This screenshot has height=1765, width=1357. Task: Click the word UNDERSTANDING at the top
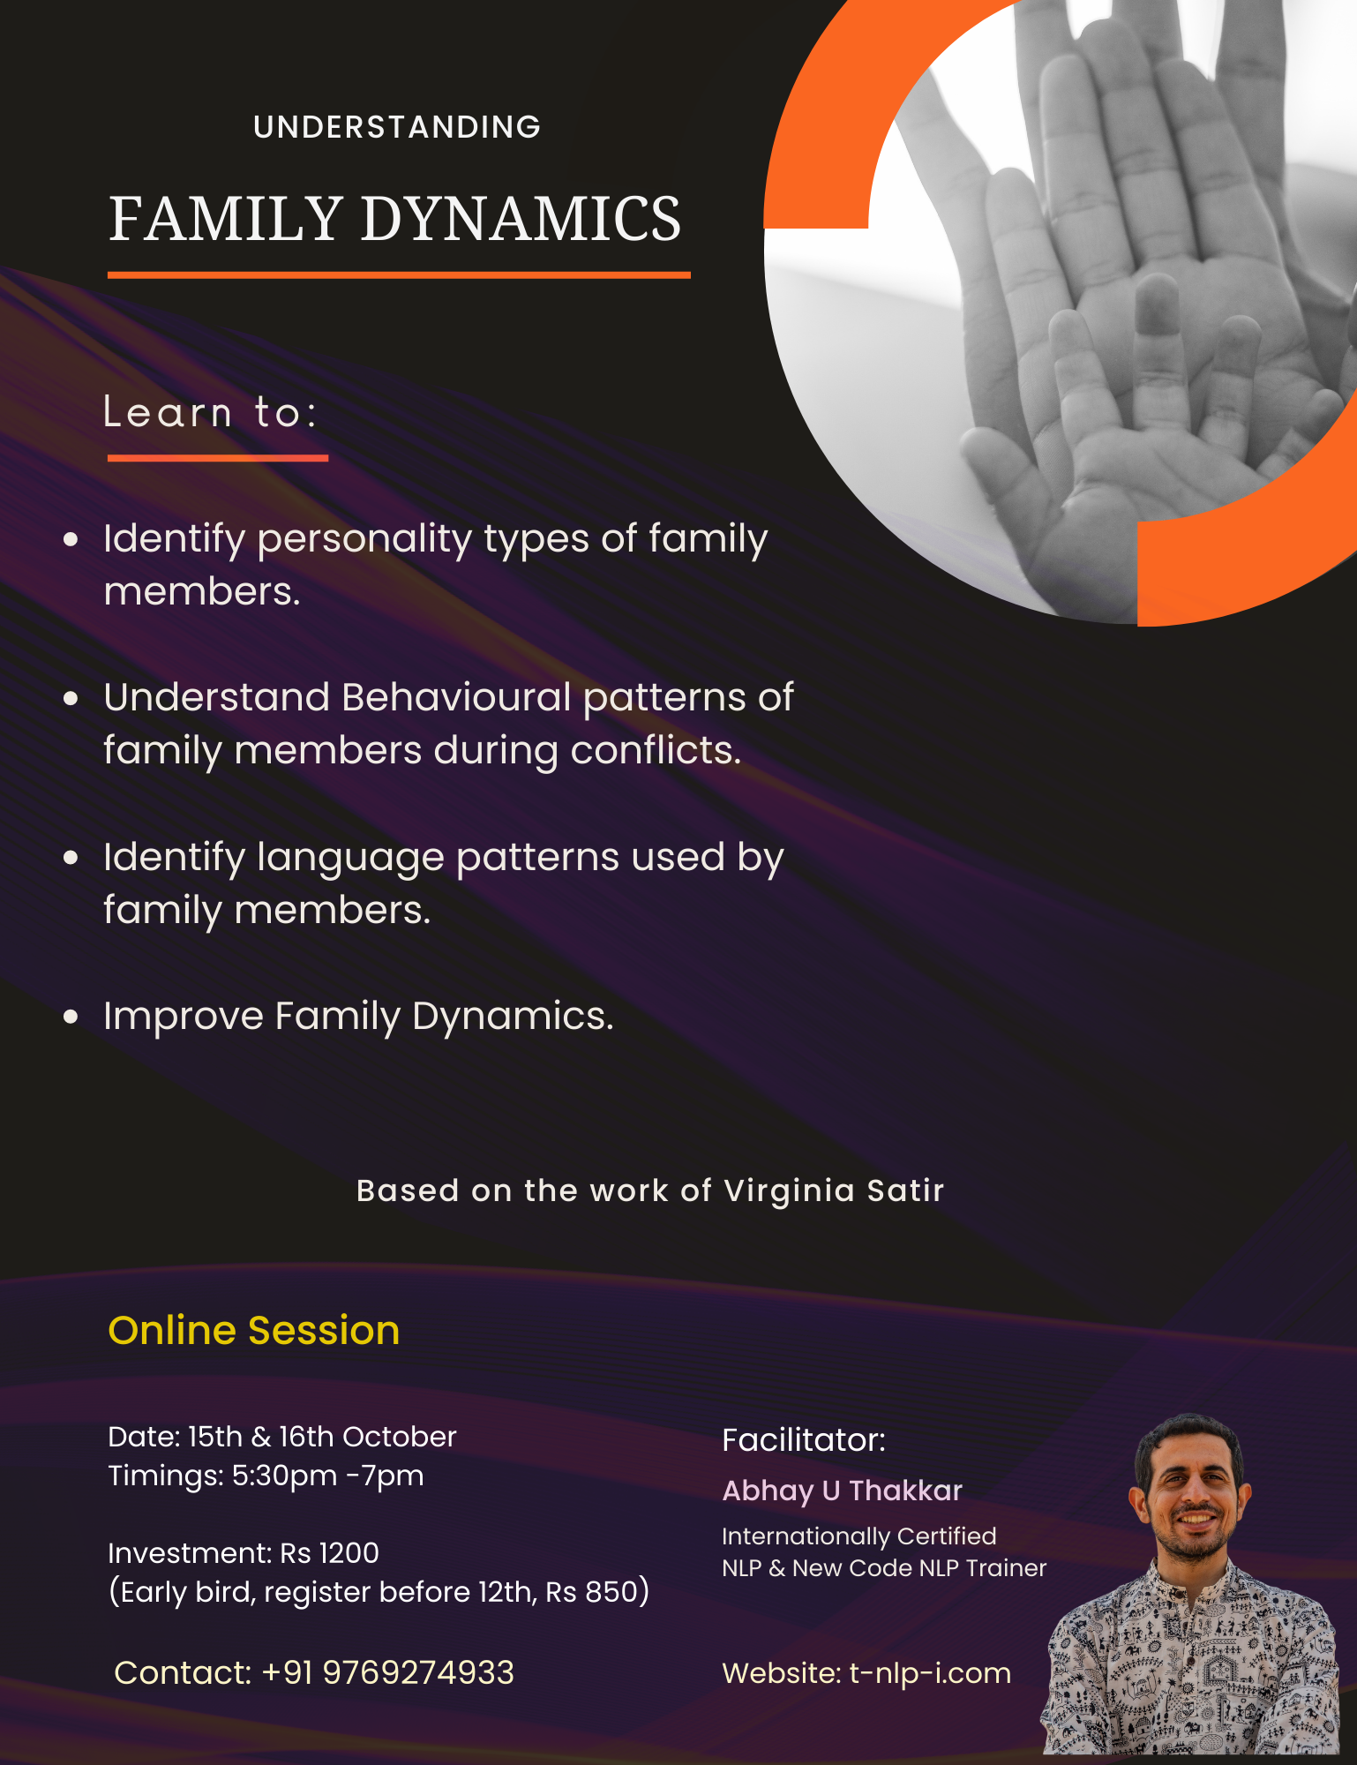click(x=397, y=127)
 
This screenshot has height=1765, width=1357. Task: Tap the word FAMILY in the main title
click(x=225, y=219)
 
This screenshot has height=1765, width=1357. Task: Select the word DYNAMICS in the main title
click(x=521, y=219)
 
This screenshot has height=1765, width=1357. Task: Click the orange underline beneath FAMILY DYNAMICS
click(x=399, y=275)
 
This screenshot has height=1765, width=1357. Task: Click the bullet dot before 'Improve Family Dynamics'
click(x=71, y=1017)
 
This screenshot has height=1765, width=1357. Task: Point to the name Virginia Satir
click(x=834, y=1190)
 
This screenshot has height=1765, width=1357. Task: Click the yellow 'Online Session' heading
click(x=253, y=1330)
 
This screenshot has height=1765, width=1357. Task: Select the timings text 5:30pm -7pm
click(x=327, y=1476)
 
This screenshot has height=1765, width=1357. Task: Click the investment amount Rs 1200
click(x=329, y=1553)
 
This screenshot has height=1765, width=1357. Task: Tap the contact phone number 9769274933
click(x=418, y=1672)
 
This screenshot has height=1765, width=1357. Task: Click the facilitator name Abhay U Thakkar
click(x=842, y=1491)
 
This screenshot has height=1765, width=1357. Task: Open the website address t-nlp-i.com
click(x=930, y=1673)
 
